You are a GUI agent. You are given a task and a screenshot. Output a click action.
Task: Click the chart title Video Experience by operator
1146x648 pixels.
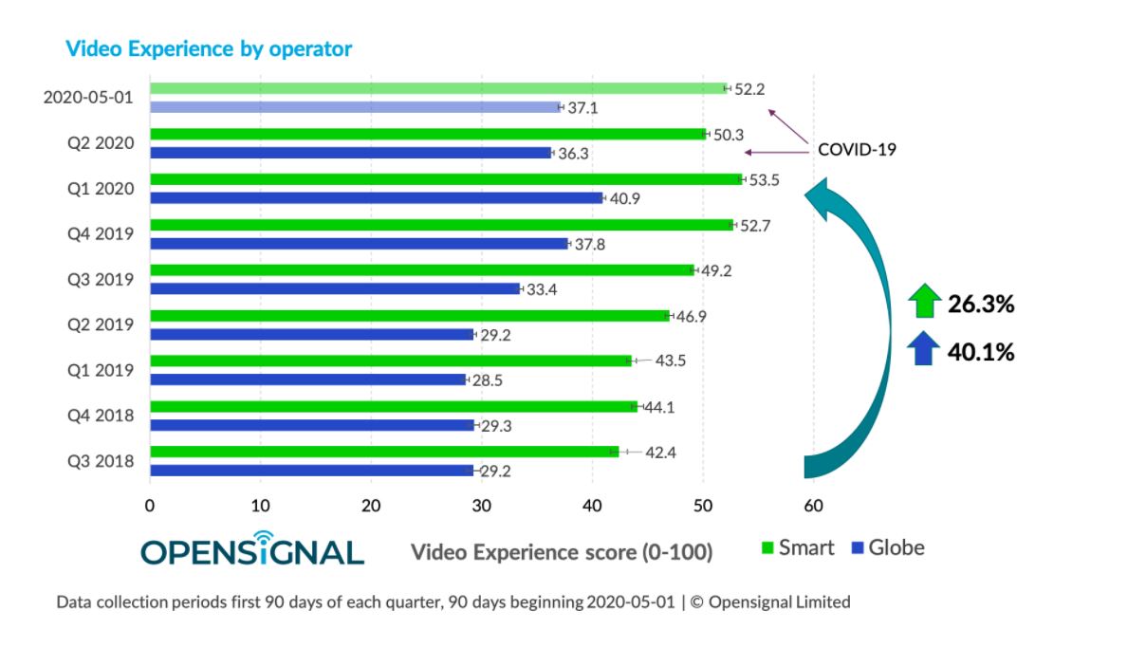point(209,48)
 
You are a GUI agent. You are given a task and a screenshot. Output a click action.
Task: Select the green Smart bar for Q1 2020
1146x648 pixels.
point(446,179)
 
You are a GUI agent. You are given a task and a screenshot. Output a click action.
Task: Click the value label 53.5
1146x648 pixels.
point(763,180)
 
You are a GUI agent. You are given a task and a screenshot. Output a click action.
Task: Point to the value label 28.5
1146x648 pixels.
point(489,380)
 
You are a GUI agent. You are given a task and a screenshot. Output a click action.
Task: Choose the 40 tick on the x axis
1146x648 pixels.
point(592,507)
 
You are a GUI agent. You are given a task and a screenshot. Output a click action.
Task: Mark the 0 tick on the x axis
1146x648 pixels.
point(150,507)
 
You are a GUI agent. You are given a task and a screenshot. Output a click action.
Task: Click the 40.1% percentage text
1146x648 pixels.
point(981,353)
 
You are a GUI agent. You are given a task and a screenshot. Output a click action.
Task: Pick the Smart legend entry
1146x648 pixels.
point(798,548)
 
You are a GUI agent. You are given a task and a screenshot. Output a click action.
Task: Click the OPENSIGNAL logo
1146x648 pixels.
point(252,549)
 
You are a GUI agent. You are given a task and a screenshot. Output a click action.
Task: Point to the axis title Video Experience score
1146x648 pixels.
point(562,552)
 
